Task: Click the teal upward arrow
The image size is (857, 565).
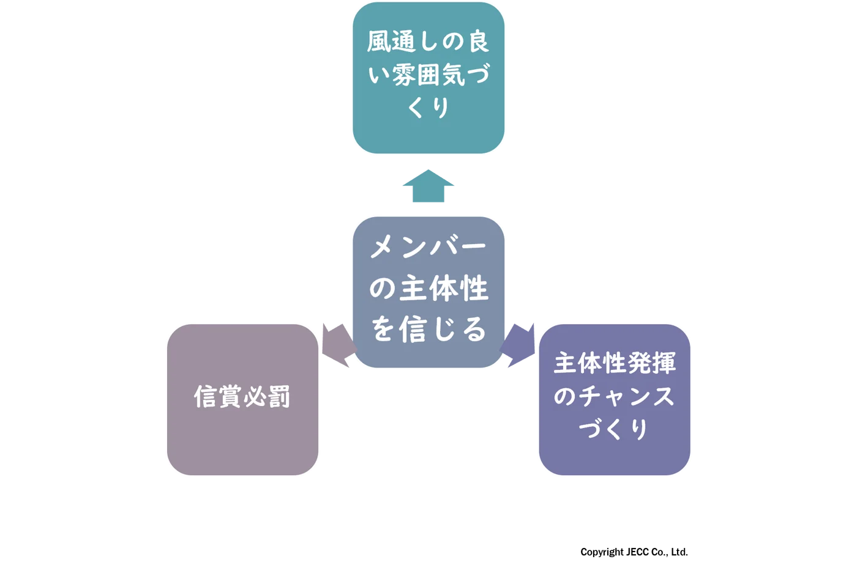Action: click(428, 186)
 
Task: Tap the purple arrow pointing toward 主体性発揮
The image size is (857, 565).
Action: click(520, 345)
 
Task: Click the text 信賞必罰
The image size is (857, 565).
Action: click(242, 397)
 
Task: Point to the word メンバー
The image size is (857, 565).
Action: click(428, 247)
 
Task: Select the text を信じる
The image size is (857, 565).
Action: click(428, 329)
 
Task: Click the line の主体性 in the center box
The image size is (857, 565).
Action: click(428, 288)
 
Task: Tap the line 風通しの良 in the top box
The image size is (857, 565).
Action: click(428, 42)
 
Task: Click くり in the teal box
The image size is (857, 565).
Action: click(428, 108)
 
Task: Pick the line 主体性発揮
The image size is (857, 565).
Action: click(614, 363)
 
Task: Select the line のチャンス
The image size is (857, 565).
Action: click(614, 396)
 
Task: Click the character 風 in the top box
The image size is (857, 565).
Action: click(380, 42)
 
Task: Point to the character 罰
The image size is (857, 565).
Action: click(279, 397)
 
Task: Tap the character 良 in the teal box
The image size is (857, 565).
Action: click(478, 42)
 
